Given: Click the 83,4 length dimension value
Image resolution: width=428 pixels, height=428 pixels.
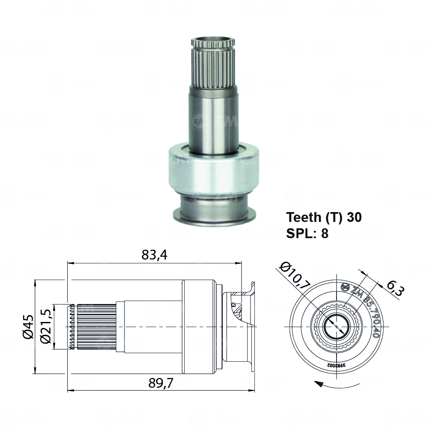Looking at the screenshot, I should click(x=154, y=255).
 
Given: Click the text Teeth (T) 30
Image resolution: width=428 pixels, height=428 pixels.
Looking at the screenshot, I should click(x=324, y=217).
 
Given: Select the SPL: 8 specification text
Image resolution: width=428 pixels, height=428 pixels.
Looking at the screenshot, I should click(x=307, y=233).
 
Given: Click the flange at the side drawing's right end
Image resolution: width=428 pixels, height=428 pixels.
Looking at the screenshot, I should click(x=251, y=327).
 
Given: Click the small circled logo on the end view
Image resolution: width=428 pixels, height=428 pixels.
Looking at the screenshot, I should click(x=345, y=287).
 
